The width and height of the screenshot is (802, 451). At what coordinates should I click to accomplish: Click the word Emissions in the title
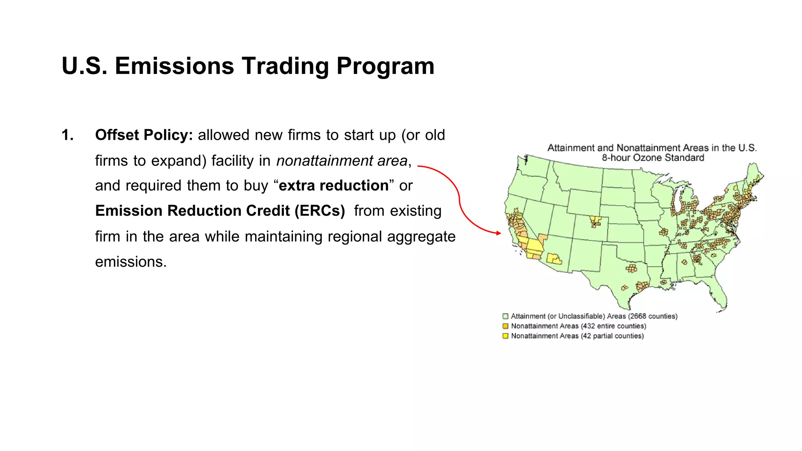(174, 66)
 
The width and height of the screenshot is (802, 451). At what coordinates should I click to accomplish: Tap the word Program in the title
(385, 66)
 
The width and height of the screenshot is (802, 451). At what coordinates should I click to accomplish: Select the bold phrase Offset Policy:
(144, 135)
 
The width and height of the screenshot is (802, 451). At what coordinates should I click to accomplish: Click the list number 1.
(67, 135)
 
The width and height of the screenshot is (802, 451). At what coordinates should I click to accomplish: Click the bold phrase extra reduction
(334, 186)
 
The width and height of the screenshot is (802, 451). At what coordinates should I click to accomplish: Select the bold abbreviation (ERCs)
(320, 211)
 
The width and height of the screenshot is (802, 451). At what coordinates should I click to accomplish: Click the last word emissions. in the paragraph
(131, 262)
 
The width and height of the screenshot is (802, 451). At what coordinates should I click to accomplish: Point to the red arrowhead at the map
(499, 233)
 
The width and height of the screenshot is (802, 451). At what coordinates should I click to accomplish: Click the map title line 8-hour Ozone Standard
(653, 158)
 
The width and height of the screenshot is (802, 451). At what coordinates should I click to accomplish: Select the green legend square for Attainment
(506, 316)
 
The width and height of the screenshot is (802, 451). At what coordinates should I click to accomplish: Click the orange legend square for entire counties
(506, 326)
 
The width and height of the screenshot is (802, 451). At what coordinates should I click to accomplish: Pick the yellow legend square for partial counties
(506, 336)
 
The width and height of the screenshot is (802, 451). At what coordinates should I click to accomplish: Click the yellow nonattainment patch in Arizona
(554, 259)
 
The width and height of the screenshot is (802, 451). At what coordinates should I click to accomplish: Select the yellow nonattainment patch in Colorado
(595, 221)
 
